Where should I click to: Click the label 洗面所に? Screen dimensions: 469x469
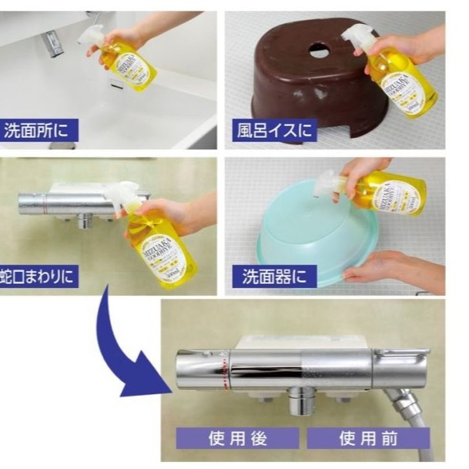tap(39, 129)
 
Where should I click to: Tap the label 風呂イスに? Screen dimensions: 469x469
tap(274, 129)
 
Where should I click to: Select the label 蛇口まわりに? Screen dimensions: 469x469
tap(39, 276)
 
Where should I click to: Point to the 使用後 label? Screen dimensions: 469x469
tap(237, 438)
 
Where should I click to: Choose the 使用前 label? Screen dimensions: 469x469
tap(368, 438)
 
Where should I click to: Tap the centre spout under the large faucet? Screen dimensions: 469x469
tap(299, 401)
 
